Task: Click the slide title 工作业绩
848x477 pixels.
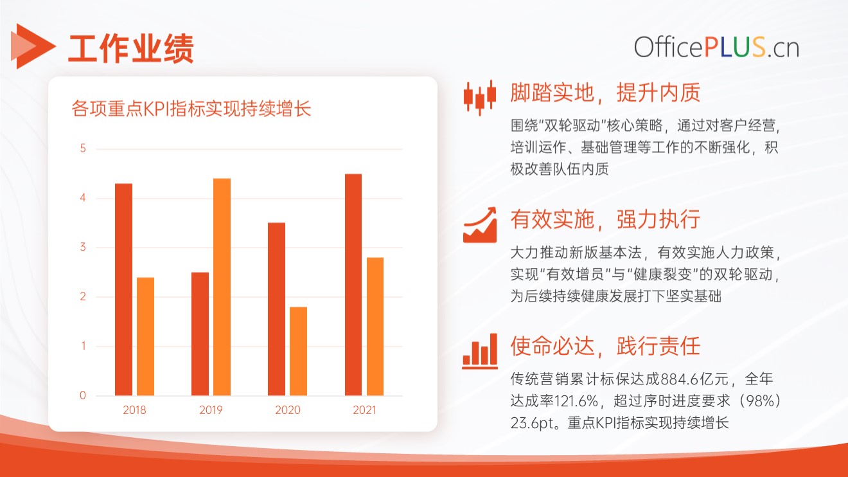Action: [x=131, y=48]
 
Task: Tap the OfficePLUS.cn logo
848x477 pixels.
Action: [x=716, y=48]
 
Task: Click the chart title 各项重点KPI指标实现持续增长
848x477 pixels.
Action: [x=191, y=109]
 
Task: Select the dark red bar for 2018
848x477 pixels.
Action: [x=124, y=289]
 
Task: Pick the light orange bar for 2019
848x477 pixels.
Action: [x=222, y=287]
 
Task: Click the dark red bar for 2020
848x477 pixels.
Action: [x=276, y=309]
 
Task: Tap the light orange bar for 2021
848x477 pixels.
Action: [x=375, y=327]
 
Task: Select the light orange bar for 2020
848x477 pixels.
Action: [x=298, y=351]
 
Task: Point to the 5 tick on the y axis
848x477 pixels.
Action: [x=83, y=148]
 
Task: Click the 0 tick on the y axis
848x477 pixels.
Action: [x=83, y=395]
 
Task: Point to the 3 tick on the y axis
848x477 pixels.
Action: [x=83, y=247]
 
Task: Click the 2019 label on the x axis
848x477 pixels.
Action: [x=211, y=410]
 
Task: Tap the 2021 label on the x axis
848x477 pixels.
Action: [x=364, y=410]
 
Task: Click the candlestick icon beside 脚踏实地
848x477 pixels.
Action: [x=480, y=97]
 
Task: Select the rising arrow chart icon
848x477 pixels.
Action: [x=480, y=225]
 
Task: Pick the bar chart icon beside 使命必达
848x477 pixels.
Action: [x=480, y=351]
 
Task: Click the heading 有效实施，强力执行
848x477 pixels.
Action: [x=605, y=219]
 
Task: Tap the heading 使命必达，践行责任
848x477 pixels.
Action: [x=605, y=345]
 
